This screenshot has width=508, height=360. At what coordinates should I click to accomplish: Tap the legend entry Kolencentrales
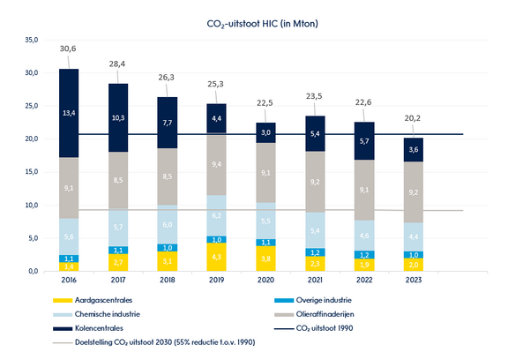91,327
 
